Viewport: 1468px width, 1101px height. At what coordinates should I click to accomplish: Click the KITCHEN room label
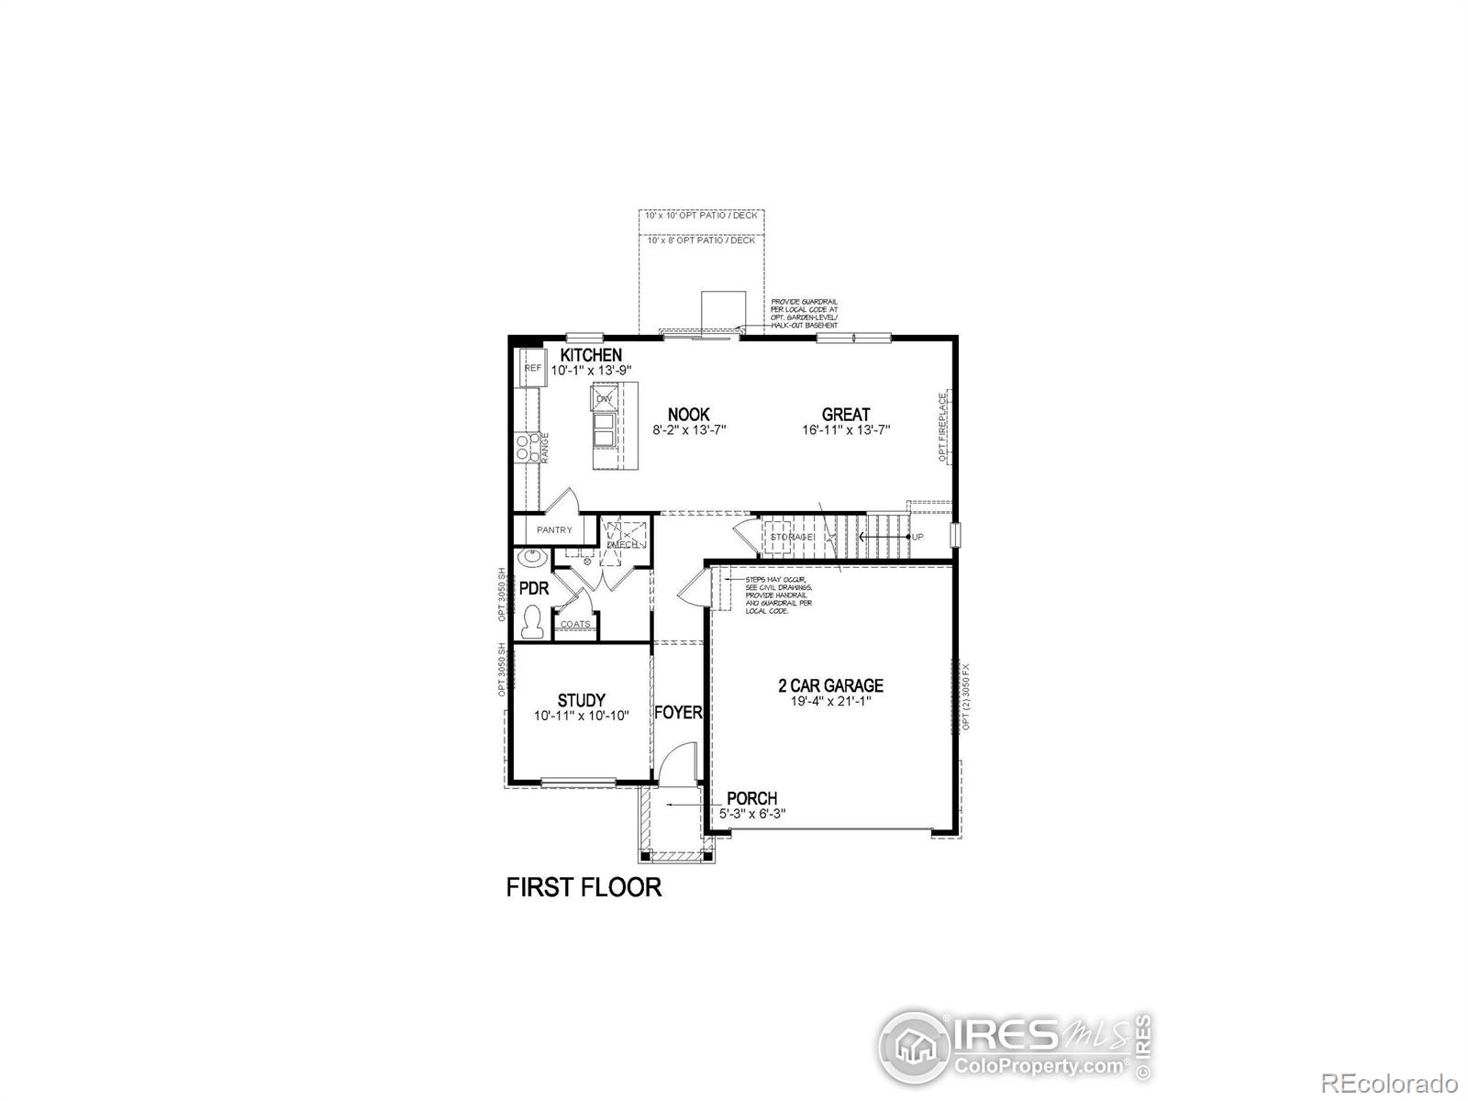[591, 355]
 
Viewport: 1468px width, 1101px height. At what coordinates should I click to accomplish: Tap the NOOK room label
[688, 415]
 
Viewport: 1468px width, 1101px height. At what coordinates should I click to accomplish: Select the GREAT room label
[845, 415]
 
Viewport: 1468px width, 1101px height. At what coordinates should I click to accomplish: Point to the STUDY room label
[581, 701]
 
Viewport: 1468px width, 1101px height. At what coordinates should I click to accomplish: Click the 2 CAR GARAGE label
[830, 685]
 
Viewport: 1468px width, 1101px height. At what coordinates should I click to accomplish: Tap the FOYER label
[678, 713]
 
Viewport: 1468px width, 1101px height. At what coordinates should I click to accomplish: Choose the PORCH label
[751, 798]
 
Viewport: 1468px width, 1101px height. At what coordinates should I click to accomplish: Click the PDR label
[533, 588]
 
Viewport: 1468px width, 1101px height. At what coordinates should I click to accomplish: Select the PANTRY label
[554, 530]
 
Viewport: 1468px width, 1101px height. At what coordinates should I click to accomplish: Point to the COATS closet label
[575, 625]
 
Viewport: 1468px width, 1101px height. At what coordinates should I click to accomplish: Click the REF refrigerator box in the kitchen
[533, 368]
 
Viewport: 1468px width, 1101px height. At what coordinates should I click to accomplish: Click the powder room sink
[531, 557]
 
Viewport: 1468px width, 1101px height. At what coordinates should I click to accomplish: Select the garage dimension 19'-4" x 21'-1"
[830, 701]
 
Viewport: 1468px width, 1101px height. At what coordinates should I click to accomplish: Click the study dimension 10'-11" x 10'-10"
[581, 716]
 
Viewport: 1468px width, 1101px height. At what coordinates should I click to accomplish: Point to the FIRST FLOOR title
[584, 887]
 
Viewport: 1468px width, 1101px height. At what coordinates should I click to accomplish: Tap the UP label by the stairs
[917, 537]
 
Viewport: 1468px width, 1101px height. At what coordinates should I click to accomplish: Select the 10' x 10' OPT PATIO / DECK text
[702, 216]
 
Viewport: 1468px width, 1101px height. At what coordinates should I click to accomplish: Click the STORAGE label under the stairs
[792, 537]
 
